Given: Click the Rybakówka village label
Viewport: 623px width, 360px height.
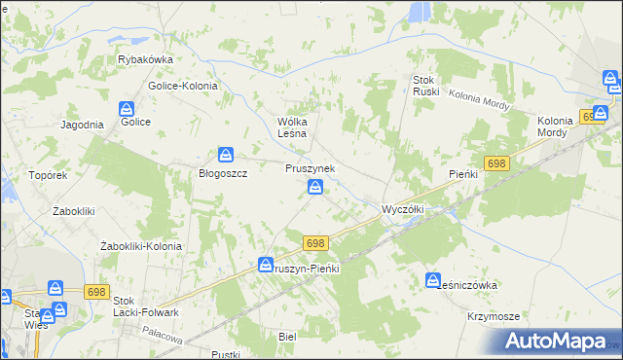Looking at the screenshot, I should pyautogui.click(x=145, y=59).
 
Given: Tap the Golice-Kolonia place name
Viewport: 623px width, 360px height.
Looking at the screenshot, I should pyautogui.click(x=183, y=86).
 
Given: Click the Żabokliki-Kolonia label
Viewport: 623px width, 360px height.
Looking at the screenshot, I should pyautogui.click(x=141, y=246).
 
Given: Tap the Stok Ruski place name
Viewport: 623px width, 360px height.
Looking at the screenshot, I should pyautogui.click(x=426, y=86).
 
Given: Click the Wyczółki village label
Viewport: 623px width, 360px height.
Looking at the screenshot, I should pyautogui.click(x=401, y=209).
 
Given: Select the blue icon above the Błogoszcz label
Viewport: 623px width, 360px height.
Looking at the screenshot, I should pyautogui.click(x=226, y=154).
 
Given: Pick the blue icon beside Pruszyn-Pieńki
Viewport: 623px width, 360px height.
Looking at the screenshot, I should pyautogui.click(x=266, y=265).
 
